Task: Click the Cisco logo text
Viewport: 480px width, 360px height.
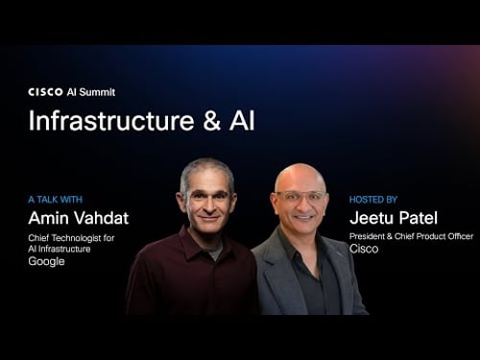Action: pyautogui.click(x=45, y=92)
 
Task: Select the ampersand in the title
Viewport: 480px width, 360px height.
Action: pyautogui.click(x=210, y=122)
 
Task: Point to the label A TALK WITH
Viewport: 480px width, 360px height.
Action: pyautogui.click(x=57, y=200)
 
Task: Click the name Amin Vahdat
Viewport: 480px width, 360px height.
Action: pyautogui.click(x=78, y=218)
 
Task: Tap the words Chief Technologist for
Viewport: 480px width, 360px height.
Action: pyautogui.click(x=72, y=237)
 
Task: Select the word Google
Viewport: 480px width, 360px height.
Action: pyautogui.click(x=47, y=261)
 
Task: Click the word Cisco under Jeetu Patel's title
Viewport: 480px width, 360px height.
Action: pyautogui.click(x=364, y=249)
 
